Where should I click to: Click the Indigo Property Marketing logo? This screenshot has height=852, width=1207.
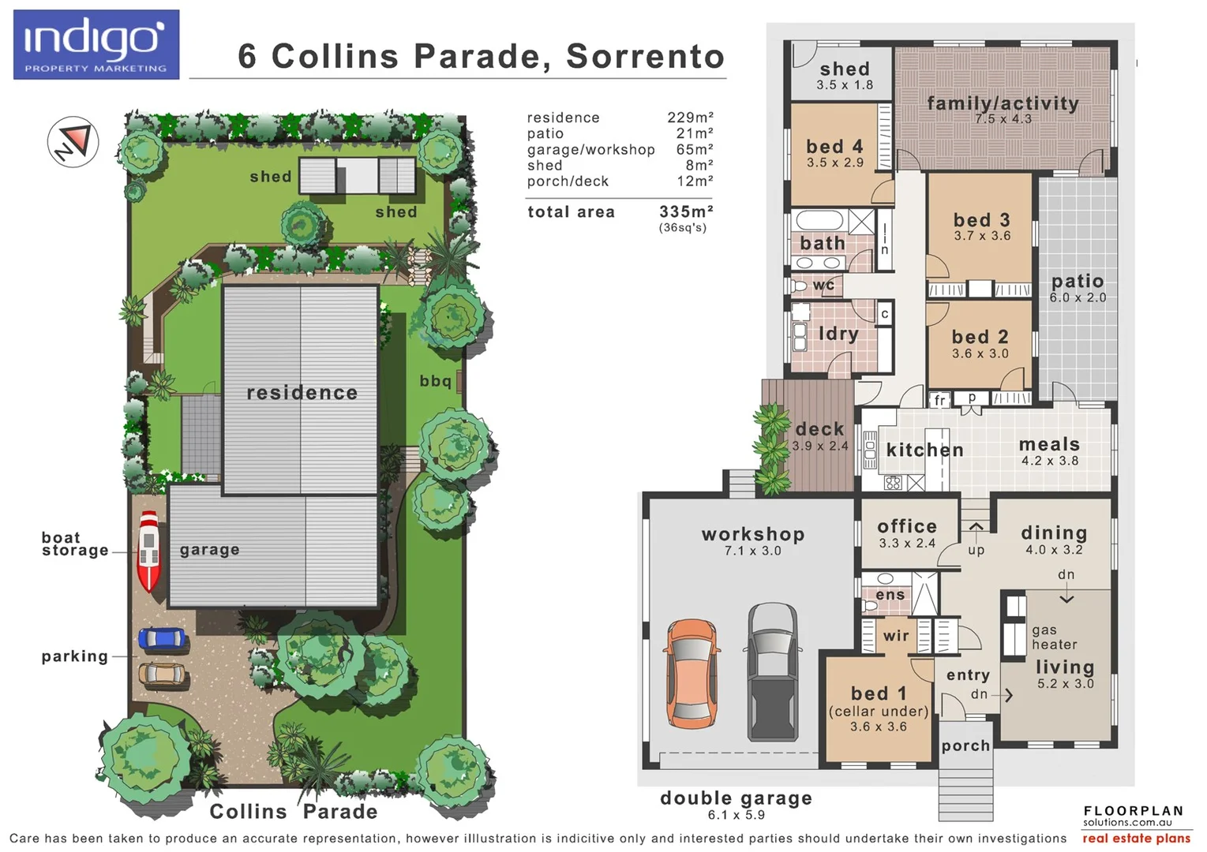(96, 45)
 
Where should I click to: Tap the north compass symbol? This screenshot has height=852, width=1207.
(73, 142)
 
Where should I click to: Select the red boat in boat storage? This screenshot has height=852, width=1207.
(148, 551)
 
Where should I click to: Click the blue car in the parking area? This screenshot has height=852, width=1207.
(162, 639)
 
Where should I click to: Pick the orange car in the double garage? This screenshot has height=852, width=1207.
(692, 673)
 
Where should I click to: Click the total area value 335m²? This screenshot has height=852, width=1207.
(686, 211)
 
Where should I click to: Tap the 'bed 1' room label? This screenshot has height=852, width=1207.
(878, 693)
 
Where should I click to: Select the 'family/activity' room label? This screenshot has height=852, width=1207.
(1003, 103)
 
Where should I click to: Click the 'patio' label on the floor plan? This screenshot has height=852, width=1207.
(1078, 282)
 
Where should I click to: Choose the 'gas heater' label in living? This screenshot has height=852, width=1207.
(1054, 637)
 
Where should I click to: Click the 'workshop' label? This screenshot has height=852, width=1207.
(753, 534)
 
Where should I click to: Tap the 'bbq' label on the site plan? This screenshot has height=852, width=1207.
(435, 381)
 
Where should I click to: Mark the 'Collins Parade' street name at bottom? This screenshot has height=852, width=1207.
(293, 811)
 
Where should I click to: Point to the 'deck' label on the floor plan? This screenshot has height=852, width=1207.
(819, 429)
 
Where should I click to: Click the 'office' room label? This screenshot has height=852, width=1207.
(907, 526)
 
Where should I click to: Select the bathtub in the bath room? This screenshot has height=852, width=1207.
(821, 219)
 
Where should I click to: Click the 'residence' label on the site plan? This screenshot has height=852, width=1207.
(302, 393)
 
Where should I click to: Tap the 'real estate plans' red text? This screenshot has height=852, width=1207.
(1136, 839)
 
